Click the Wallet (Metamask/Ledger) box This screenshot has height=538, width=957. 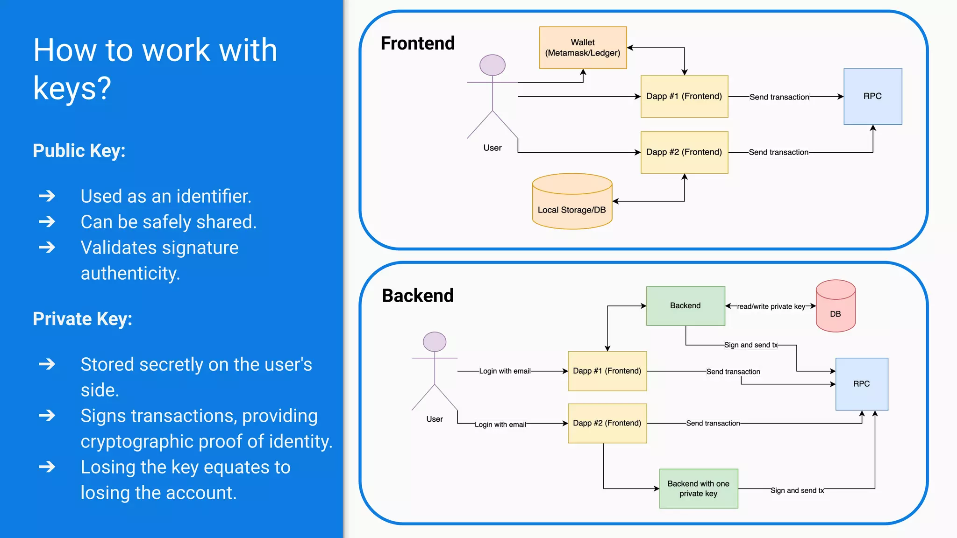[x=583, y=48]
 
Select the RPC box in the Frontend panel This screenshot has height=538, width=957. [x=872, y=96]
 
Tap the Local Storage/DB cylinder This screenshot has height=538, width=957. [x=572, y=202]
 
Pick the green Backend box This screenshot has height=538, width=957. [x=686, y=306]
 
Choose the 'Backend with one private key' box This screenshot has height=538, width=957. [x=698, y=488]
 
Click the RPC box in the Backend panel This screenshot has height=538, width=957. [x=861, y=384]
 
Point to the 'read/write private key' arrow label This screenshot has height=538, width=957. [x=771, y=307]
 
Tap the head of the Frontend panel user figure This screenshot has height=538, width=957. [x=493, y=65]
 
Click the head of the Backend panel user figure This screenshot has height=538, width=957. [x=435, y=342]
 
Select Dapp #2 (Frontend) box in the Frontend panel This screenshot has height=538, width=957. [x=684, y=152]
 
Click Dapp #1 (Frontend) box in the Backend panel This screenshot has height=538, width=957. [x=607, y=371]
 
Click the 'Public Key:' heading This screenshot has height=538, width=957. [x=79, y=151]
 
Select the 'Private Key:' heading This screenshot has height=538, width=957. [x=82, y=319]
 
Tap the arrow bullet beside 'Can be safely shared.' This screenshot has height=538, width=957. [x=47, y=221]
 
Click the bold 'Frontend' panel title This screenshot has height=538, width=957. [x=417, y=43]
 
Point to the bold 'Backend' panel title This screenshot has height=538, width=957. [x=417, y=296]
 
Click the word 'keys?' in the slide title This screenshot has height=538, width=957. [x=72, y=88]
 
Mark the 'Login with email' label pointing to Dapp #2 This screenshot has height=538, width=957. [x=500, y=425]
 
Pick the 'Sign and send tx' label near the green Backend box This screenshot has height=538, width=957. [x=750, y=345]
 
